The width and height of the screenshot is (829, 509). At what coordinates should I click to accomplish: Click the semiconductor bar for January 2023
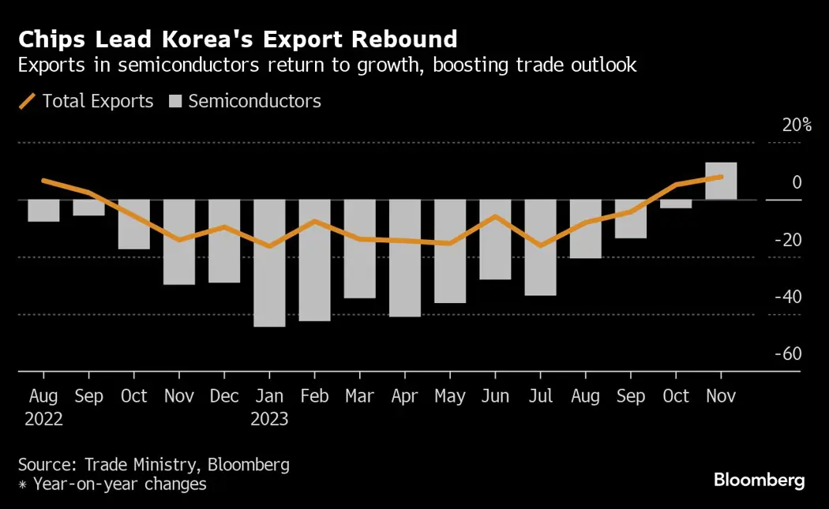[269, 263]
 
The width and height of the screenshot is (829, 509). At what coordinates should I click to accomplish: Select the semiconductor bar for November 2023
[721, 181]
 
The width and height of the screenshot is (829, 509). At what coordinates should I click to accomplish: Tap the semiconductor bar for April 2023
[405, 258]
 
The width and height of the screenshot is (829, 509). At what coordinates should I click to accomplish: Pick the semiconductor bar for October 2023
[676, 204]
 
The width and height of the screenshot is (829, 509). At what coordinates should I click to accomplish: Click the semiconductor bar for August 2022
[43, 210]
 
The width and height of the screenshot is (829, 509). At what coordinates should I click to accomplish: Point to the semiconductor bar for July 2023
[540, 247]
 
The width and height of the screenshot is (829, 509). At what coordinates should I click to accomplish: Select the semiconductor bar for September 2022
[88, 208]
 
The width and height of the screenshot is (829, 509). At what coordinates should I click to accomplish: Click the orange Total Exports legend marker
[27, 101]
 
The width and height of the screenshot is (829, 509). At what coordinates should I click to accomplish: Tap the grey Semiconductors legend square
[175, 101]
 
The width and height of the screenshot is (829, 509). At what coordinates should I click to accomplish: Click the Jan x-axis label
[269, 396]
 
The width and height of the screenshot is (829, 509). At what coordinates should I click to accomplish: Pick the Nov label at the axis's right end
[721, 396]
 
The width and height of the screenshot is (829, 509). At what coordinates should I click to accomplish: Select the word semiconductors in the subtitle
[186, 65]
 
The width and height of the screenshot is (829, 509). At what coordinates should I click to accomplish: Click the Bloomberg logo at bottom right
[759, 480]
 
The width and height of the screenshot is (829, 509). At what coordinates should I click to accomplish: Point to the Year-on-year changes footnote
[118, 484]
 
